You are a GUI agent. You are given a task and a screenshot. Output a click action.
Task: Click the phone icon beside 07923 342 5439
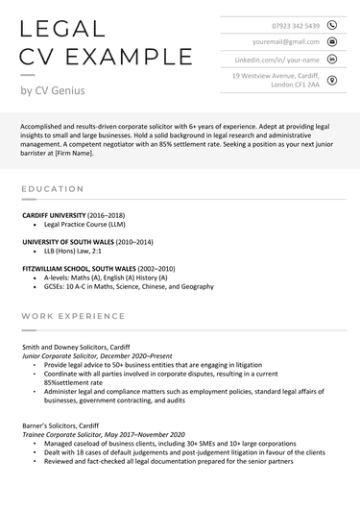[x=332, y=25]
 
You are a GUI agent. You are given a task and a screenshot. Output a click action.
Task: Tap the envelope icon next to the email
[x=332, y=42]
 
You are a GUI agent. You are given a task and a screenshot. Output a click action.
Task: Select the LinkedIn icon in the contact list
[x=332, y=60]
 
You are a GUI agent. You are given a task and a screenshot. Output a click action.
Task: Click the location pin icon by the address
[x=332, y=80]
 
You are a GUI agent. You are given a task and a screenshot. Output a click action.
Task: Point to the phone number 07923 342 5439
[x=294, y=25]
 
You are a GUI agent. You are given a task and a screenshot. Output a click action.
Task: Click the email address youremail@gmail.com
[x=286, y=42]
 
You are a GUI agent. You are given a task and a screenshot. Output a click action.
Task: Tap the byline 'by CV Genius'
[x=52, y=90]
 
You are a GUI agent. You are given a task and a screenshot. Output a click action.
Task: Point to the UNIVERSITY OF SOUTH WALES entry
[x=67, y=242]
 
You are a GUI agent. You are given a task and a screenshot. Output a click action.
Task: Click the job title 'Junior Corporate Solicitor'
[x=63, y=355]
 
